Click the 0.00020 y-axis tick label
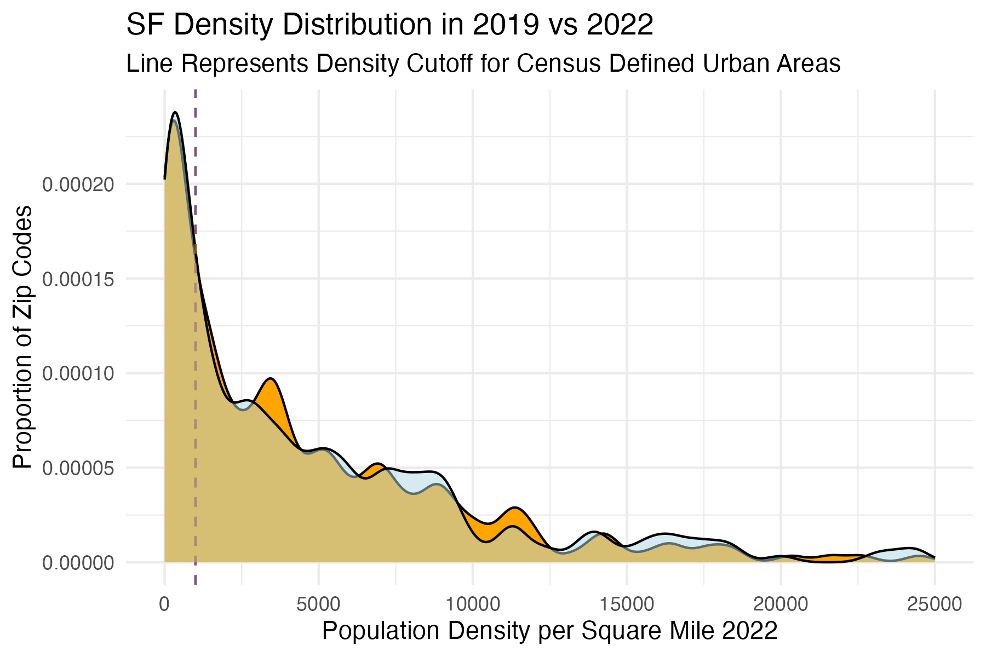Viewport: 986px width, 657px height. (78, 185)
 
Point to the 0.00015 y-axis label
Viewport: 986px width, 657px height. (78, 279)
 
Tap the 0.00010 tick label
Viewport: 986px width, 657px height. (78, 374)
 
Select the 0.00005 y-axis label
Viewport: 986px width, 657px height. (78, 469)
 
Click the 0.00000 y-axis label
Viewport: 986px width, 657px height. (78, 563)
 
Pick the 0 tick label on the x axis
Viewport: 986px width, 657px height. (164, 604)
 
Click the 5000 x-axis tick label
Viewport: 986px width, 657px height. (318, 604)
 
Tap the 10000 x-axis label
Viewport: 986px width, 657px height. (472, 604)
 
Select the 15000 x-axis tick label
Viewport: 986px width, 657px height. (627, 604)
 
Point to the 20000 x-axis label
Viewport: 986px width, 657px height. (781, 604)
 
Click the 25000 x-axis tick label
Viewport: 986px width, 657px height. (935, 604)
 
